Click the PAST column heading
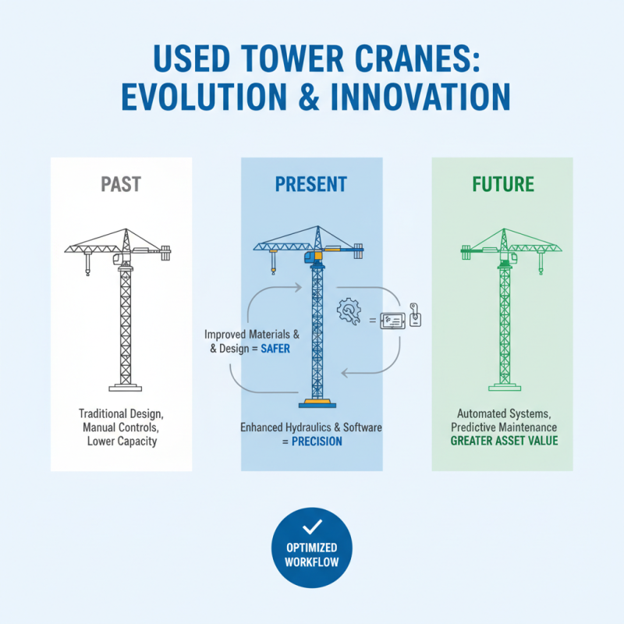click(121, 185)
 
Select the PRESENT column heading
click(311, 185)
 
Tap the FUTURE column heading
click(503, 185)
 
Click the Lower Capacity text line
click(122, 441)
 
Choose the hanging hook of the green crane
click(538, 269)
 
